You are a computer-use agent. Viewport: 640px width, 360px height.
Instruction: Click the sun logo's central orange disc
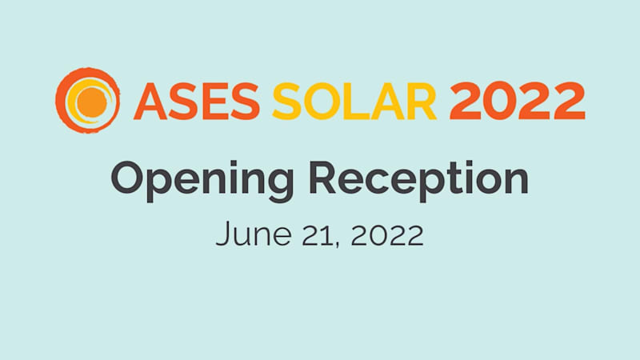click(x=91, y=102)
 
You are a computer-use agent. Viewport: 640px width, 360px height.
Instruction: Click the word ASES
click(x=197, y=102)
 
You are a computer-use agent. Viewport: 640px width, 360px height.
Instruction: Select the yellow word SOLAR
click(x=354, y=102)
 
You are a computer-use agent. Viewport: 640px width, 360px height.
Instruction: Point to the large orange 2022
click(x=517, y=101)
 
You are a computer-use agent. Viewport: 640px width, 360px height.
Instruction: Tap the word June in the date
click(x=254, y=234)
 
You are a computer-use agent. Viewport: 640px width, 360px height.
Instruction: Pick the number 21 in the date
click(x=321, y=234)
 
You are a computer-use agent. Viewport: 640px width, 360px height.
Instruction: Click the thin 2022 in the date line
click(x=387, y=234)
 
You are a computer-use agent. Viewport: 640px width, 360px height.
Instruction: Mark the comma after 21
click(x=337, y=244)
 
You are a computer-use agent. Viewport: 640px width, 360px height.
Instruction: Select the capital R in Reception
click(x=323, y=177)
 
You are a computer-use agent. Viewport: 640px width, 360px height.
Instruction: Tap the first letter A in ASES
click(x=150, y=102)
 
